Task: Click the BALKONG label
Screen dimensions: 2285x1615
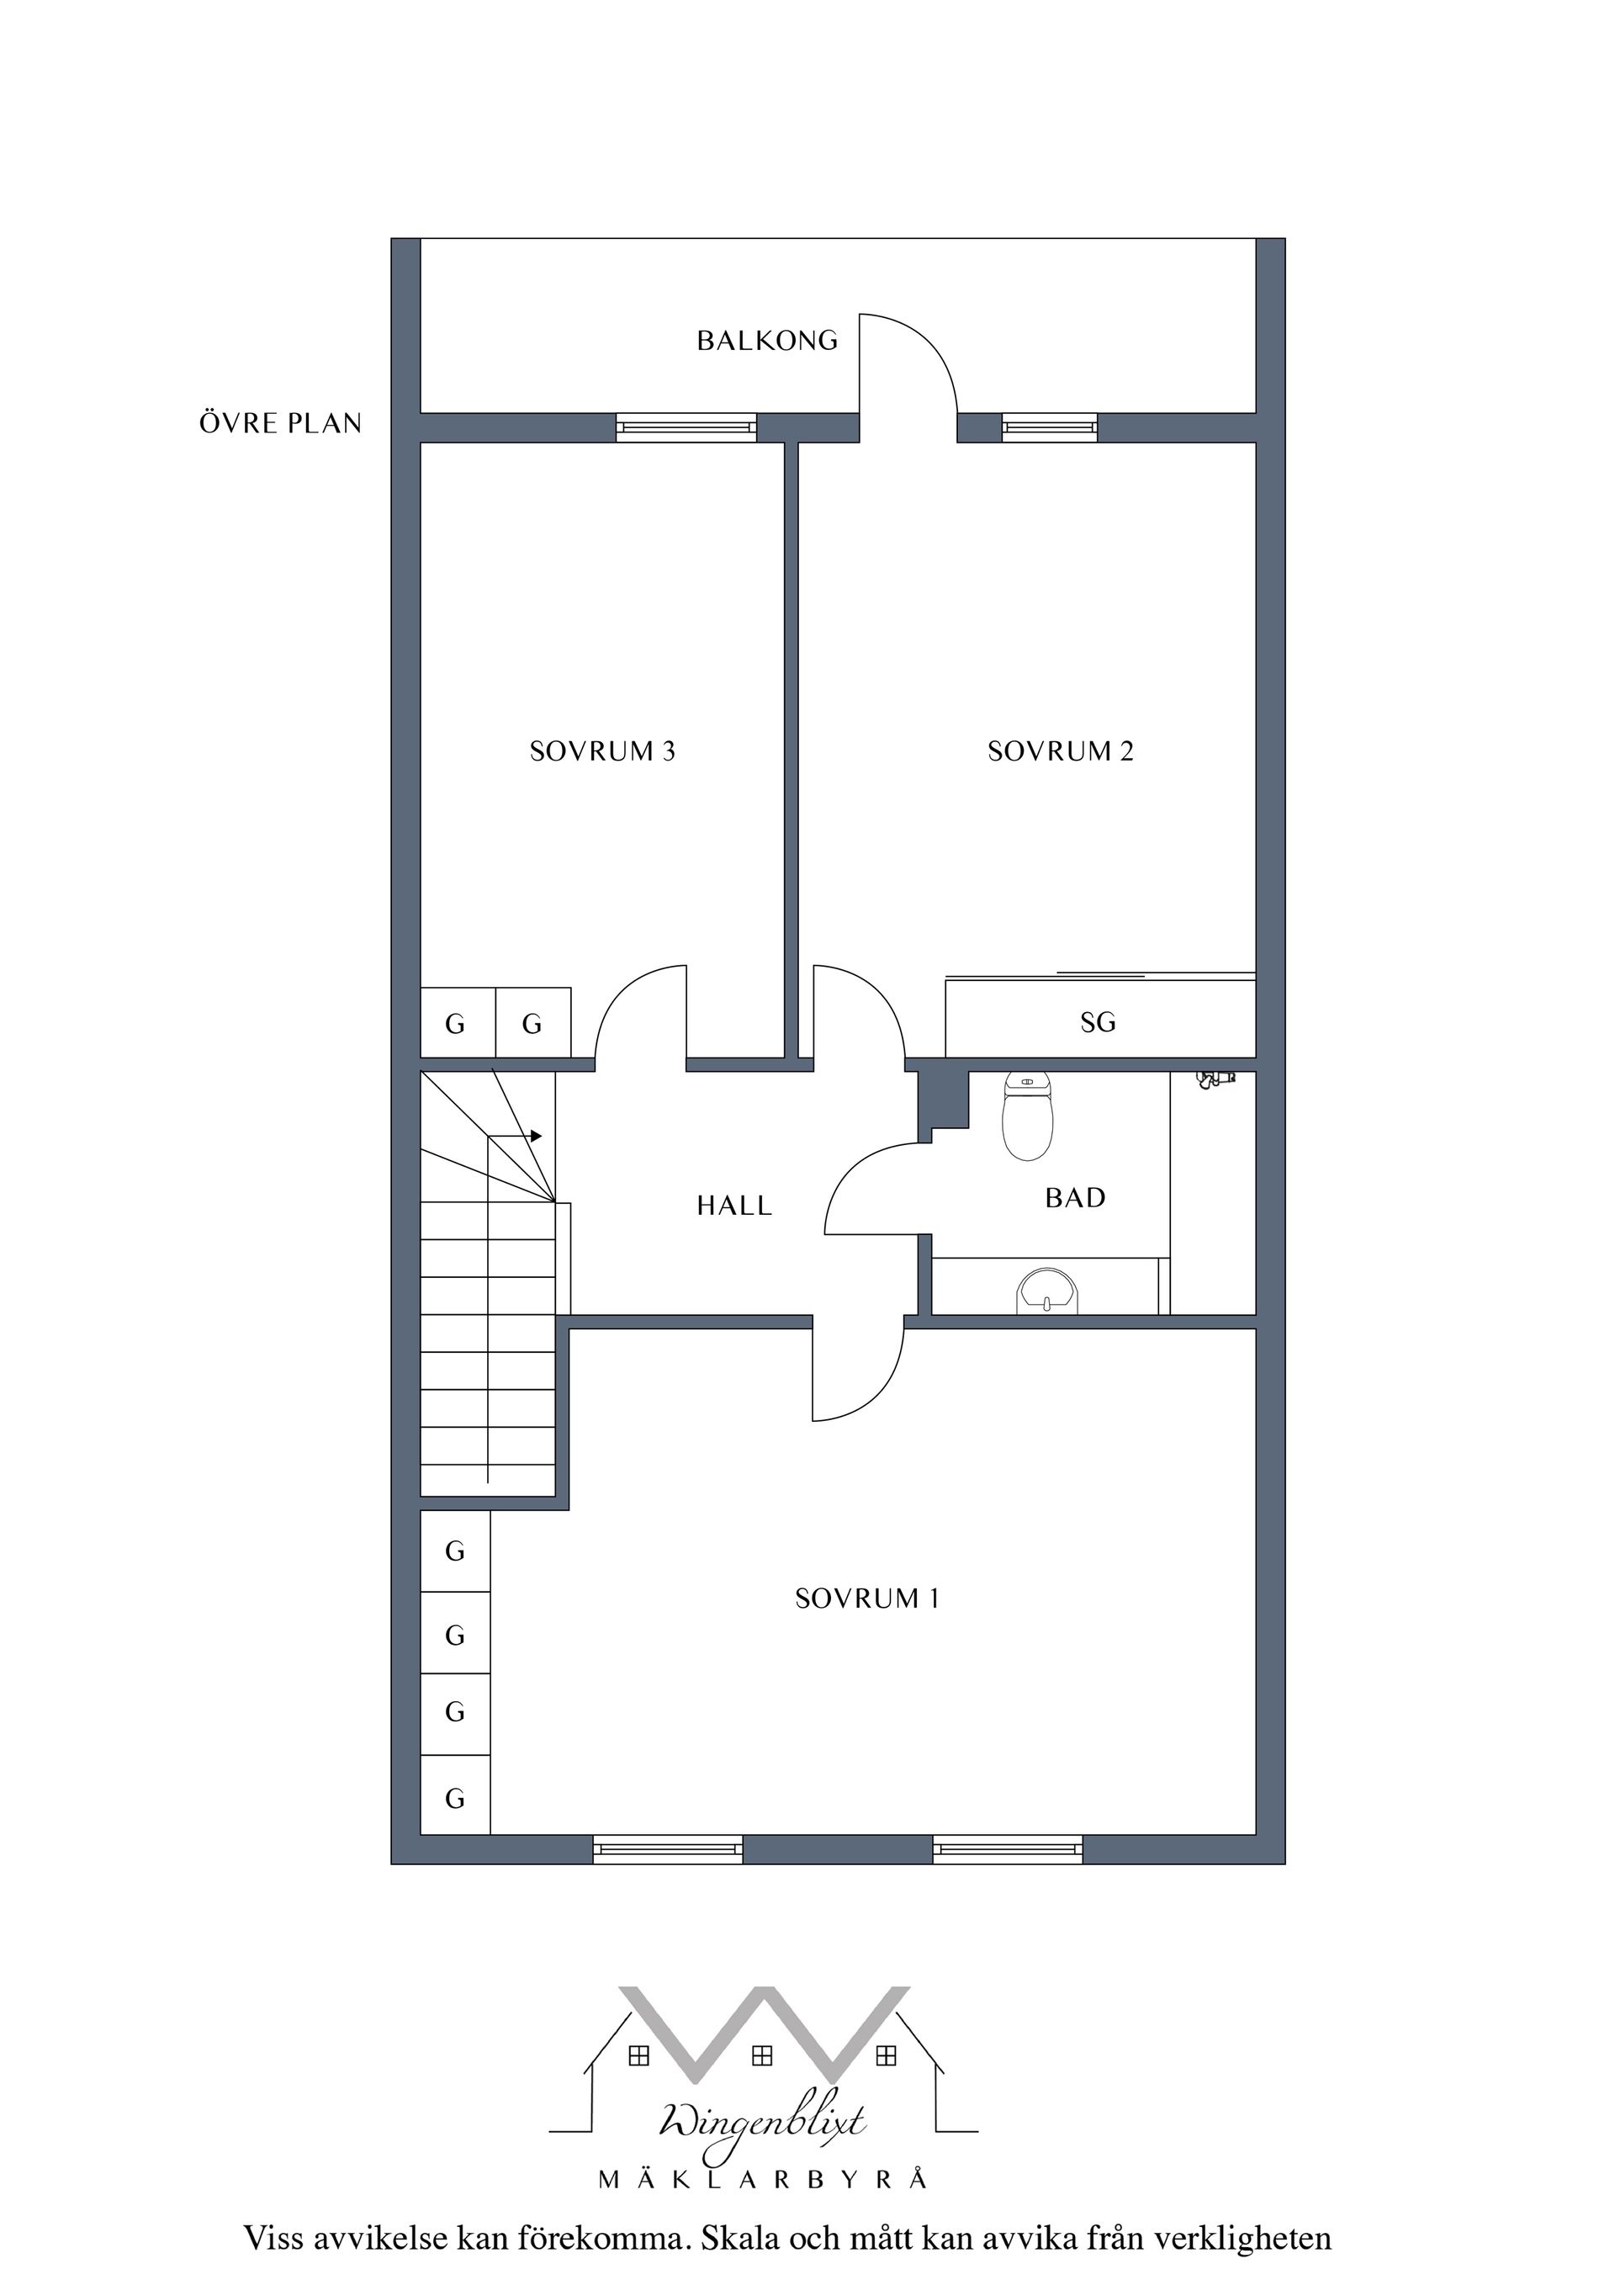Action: (x=766, y=342)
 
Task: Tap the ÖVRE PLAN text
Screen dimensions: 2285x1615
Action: (x=281, y=424)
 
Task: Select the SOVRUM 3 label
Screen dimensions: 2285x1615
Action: (x=602, y=751)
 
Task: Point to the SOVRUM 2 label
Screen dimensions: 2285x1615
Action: (x=1060, y=751)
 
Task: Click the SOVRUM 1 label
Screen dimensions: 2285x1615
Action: (x=866, y=1598)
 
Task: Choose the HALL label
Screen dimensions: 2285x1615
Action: (x=734, y=1206)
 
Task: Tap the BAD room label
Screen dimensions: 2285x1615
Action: (x=1075, y=1198)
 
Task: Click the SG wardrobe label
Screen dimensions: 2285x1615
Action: (x=1098, y=1022)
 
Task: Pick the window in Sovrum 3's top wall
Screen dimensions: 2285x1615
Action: (x=686, y=428)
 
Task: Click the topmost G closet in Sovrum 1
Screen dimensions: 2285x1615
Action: (x=455, y=1551)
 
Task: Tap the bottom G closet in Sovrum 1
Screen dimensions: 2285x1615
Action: (x=455, y=1800)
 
